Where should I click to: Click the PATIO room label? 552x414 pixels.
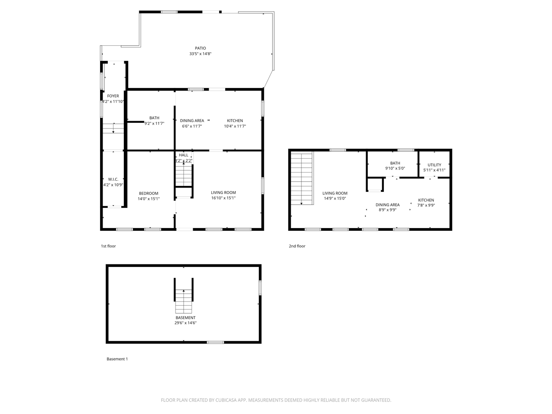coord(200,48)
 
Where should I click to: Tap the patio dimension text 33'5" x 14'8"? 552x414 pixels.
coord(200,54)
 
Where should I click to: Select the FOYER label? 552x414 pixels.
coord(113,96)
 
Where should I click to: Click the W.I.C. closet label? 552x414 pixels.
coord(113,179)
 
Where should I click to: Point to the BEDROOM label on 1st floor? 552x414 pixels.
coord(148,193)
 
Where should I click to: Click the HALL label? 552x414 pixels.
coord(184,155)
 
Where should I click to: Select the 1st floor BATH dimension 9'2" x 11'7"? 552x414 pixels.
coord(154,123)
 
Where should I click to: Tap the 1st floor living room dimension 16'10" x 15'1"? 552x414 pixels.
coord(223,198)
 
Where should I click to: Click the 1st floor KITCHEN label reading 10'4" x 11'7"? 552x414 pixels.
coord(235,121)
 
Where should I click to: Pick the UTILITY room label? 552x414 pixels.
coord(434,165)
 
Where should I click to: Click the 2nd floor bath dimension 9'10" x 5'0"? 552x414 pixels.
coord(395,168)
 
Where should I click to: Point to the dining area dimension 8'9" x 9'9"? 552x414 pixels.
coord(387,210)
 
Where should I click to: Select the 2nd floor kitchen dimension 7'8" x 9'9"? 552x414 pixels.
coord(426,205)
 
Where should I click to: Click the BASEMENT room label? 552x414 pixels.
coord(185,318)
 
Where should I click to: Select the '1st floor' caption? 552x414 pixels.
coord(108,246)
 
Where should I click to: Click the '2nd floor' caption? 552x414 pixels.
coord(297,246)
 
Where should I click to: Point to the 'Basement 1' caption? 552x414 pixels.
coord(117,359)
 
